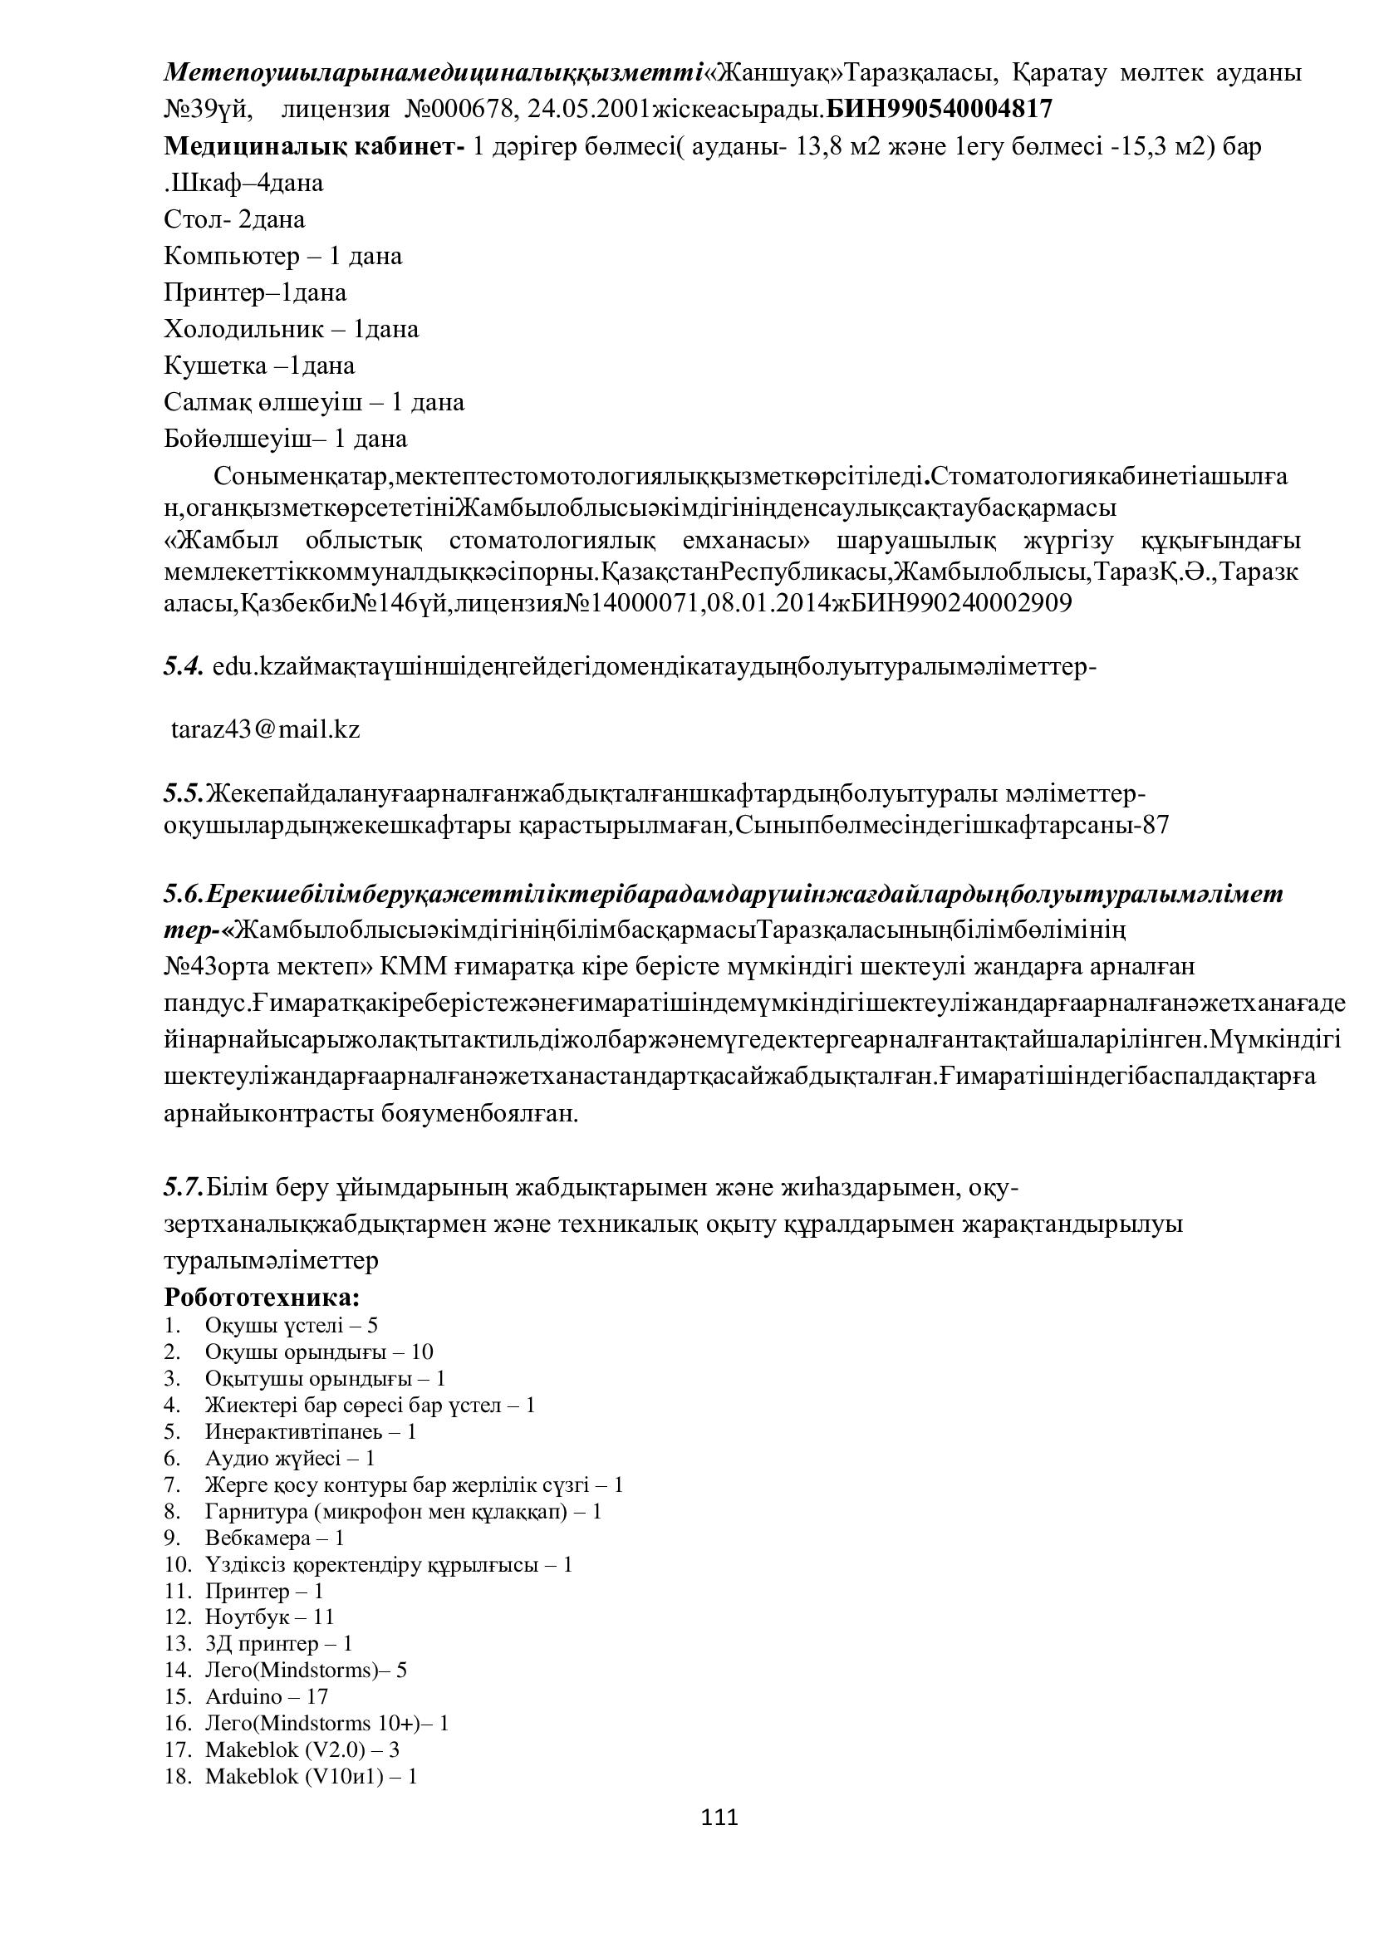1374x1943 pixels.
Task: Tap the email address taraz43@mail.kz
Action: pos(266,729)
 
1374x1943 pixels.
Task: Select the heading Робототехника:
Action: pos(263,1298)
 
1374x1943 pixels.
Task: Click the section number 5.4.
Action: pos(183,667)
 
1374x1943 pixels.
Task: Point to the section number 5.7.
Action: pos(184,1187)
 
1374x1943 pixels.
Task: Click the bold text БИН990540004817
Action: pos(940,109)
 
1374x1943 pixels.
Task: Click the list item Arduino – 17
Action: pos(267,1696)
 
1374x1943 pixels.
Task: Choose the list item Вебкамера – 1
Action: pos(274,1538)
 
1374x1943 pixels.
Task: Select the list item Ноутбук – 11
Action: pos(270,1617)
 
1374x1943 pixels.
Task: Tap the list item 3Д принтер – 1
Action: pos(278,1643)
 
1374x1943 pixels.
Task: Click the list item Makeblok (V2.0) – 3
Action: pos(302,1749)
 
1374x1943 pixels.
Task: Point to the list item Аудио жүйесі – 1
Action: pos(289,1458)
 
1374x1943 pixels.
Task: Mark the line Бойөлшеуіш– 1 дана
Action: pos(285,439)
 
